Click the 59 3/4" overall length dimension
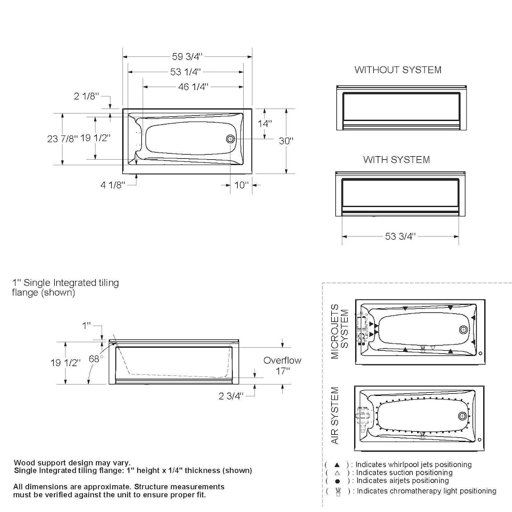coord(187,57)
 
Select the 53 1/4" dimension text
coord(185,72)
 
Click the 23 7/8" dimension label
coord(62,138)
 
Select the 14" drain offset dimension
coord(265,123)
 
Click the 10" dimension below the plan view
coord(241,185)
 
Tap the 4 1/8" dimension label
coord(113,185)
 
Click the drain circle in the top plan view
coord(230,139)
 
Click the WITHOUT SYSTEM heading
coord(398,70)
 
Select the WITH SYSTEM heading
coord(396,160)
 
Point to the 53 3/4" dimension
coord(400,236)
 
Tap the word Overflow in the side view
coord(282,360)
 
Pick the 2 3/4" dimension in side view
coord(230,395)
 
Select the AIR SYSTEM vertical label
coord(335,415)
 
